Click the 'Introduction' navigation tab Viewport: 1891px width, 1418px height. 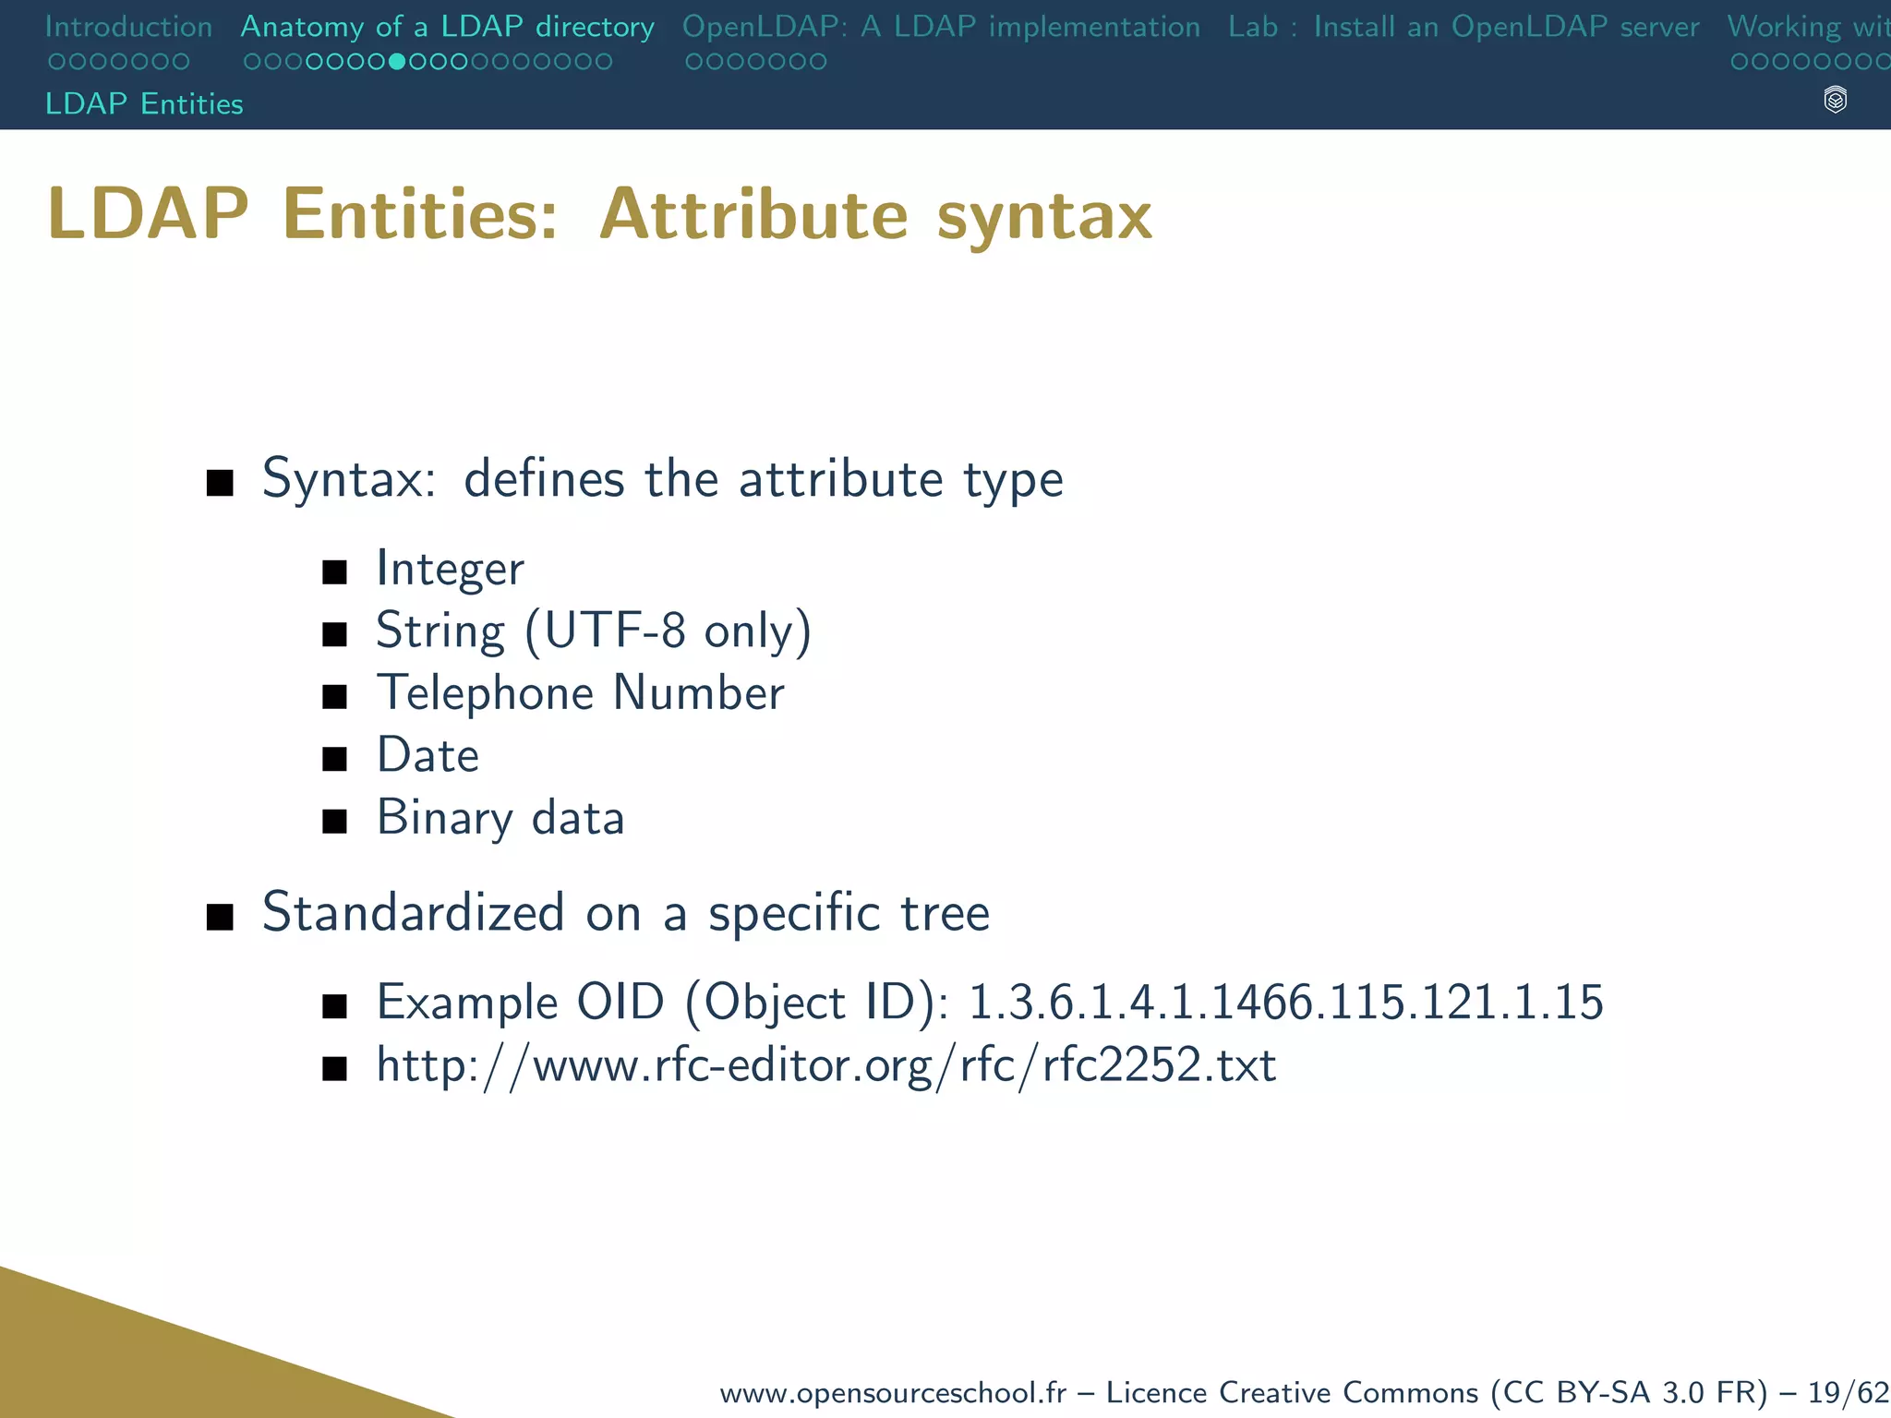click(x=128, y=27)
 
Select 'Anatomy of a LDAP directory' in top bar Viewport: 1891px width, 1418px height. click(x=447, y=27)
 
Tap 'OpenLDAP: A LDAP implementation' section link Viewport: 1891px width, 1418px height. click(x=941, y=27)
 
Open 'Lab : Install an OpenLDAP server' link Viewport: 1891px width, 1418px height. click(x=1463, y=27)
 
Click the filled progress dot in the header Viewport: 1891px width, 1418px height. click(x=397, y=62)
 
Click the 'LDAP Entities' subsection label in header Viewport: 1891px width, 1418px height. click(x=144, y=103)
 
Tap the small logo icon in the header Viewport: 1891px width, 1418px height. click(x=1836, y=100)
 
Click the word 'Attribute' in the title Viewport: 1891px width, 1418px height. click(x=753, y=215)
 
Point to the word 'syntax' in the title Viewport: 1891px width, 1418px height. click(x=1044, y=215)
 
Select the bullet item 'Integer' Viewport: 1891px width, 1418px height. click(x=450, y=569)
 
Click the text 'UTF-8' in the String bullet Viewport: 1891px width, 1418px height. click(x=615, y=631)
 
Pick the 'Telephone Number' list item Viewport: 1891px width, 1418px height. click(x=580, y=693)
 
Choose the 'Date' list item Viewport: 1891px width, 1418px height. click(x=428, y=755)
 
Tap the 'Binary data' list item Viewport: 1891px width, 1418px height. click(x=500, y=818)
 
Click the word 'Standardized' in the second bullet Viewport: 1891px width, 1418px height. click(x=413, y=912)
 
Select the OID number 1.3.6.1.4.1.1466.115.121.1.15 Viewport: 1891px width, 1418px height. click(x=1285, y=1003)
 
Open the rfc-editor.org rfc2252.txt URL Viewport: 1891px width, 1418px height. click(x=825, y=1065)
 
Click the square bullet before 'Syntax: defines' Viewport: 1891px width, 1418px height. click(x=220, y=482)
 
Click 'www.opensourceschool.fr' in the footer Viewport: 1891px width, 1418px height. click(x=892, y=1392)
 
